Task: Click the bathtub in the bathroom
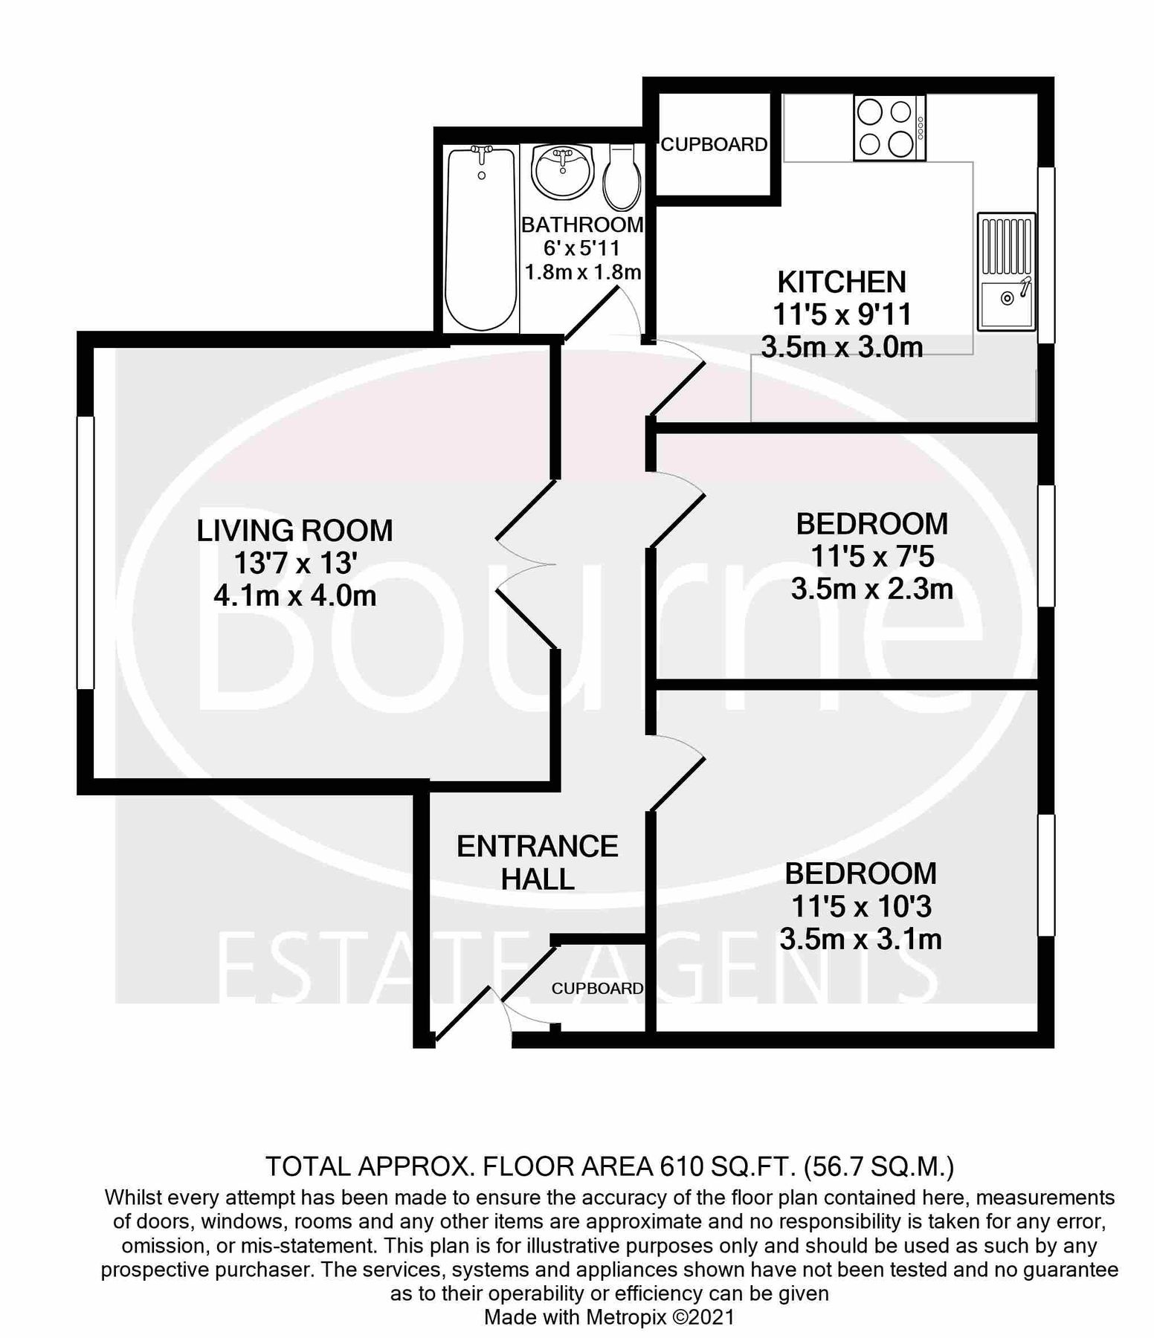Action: click(x=480, y=239)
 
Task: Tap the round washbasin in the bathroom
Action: click(x=563, y=171)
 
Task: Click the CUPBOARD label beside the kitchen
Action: click(x=714, y=144)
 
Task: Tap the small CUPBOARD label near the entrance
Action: click(x=597, y=988)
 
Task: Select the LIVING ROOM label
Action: click(x=294, y=531)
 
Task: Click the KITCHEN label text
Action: click(x=842, y=282)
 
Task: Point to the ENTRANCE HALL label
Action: click(x=537, y=862)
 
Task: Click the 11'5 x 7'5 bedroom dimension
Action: click(x=872, y=557)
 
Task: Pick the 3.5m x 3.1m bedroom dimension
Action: click(x=861, y=940)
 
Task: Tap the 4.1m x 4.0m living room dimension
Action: click(x=294, y=596)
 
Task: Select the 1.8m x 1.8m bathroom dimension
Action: click(x=583, y=272)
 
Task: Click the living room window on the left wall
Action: click(x=86, y=552)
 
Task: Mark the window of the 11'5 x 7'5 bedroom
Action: click(x=1046, y=546)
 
